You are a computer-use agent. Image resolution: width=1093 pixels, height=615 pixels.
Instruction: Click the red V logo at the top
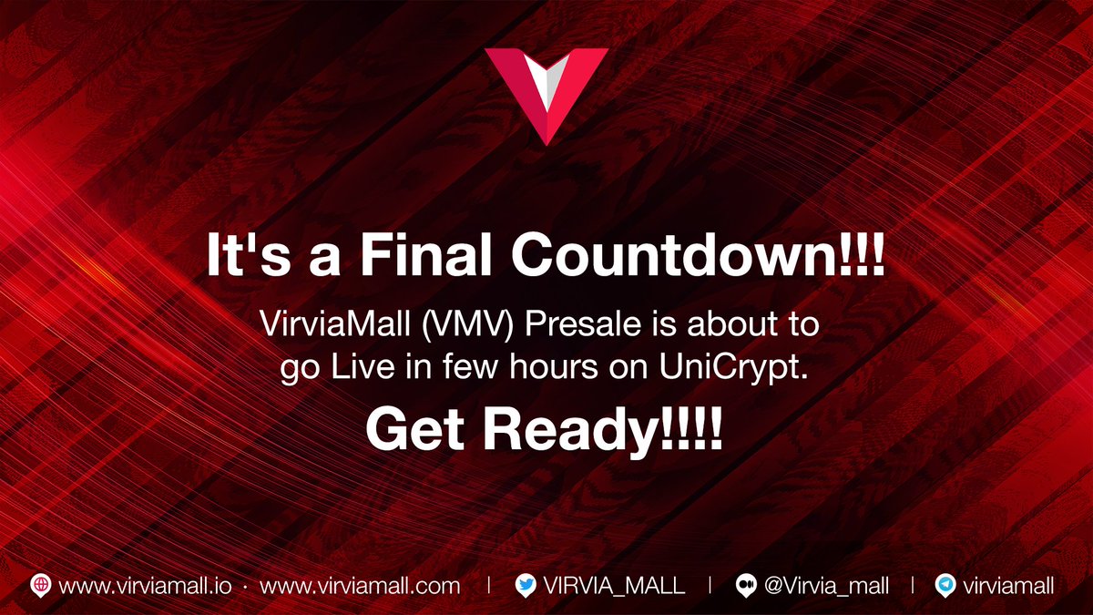pos(546,91)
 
